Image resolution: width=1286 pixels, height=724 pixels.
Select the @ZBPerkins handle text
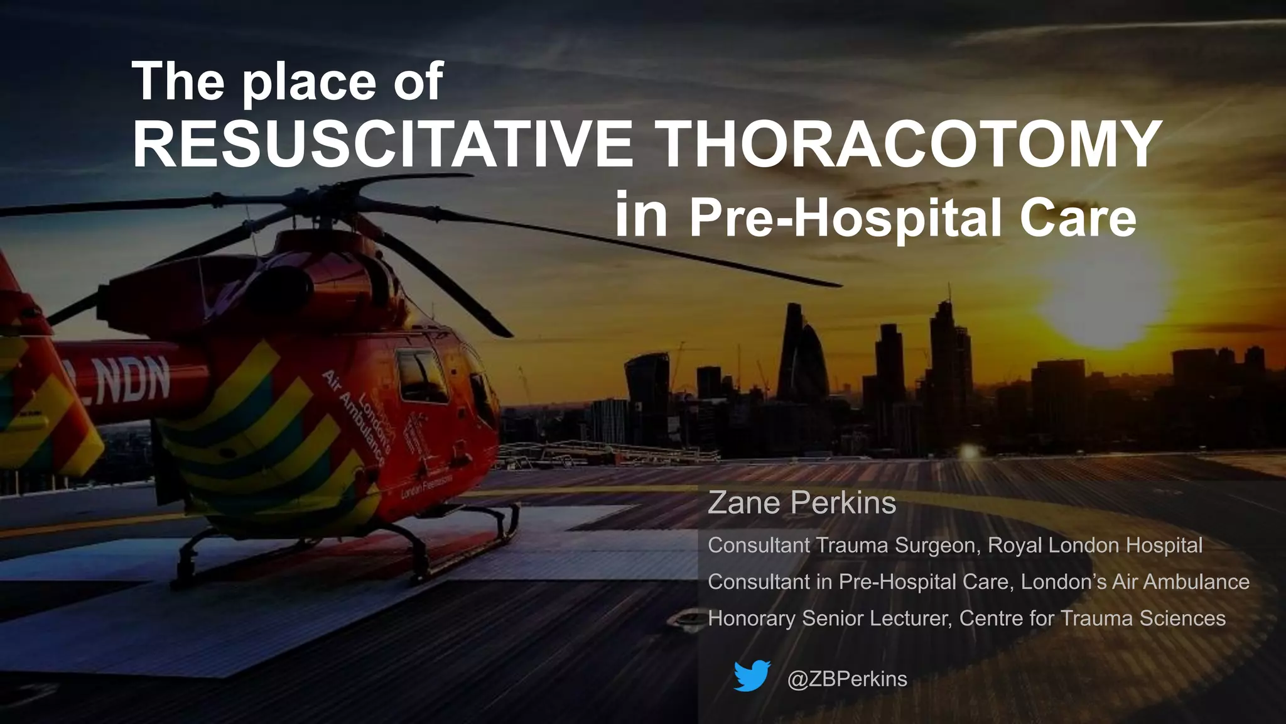click(847, 679)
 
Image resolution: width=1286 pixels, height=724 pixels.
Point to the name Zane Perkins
click(802, 503)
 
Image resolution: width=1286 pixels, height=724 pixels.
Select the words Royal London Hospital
click(1094, 545)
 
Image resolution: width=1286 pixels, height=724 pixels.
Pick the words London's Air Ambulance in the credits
click(1135, 582)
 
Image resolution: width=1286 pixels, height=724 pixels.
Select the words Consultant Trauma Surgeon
click(842, 545)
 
